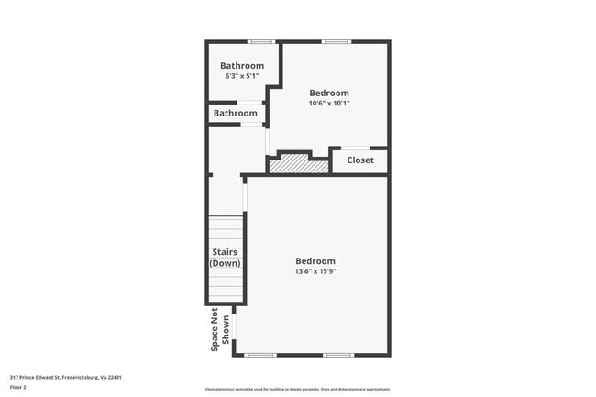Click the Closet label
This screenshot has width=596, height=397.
[x=359, y=160]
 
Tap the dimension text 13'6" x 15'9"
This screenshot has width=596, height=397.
[x=315, y=271]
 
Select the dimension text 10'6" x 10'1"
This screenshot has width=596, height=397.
[x=328, y=103]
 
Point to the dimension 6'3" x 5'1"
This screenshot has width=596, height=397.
[x=242, y=75]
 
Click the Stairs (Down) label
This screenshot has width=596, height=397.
[x=225, y=258]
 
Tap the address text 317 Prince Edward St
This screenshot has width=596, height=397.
[x=66, y=376]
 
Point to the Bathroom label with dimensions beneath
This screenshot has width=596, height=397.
[x=242, y=65]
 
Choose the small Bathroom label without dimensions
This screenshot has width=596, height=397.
[x=236, y=113]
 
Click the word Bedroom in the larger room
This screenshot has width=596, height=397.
[x=315, y=260]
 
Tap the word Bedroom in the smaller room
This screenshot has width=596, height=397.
[x=328, y=92]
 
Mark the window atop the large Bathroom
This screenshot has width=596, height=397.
[x=261, y=41]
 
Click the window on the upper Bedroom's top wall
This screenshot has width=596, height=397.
[x=335, y=41]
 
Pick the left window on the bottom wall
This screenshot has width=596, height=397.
[x=260, y=355]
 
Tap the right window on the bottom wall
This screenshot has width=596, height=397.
[x=338, y=355]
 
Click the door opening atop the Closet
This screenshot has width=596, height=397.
[x=356, y=148]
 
